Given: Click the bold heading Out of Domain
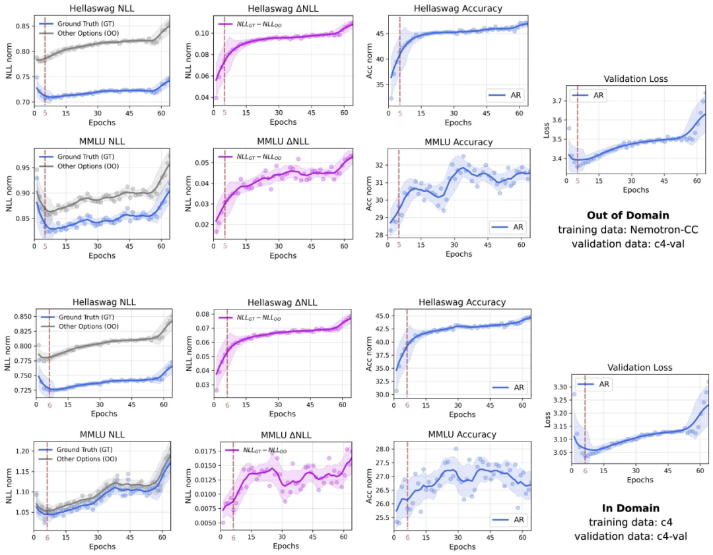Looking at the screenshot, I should [x=628, y=215].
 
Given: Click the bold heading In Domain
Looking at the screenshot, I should [x=630, y=508].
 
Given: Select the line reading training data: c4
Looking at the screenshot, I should [x=630, y=523].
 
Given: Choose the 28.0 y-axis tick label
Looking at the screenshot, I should [x=384, y=449].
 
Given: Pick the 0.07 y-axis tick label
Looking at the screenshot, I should [x=202, y=328].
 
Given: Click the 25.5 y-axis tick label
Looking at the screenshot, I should [x=384, y=519].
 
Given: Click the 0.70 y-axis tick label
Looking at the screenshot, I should [x=22, y=102].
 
